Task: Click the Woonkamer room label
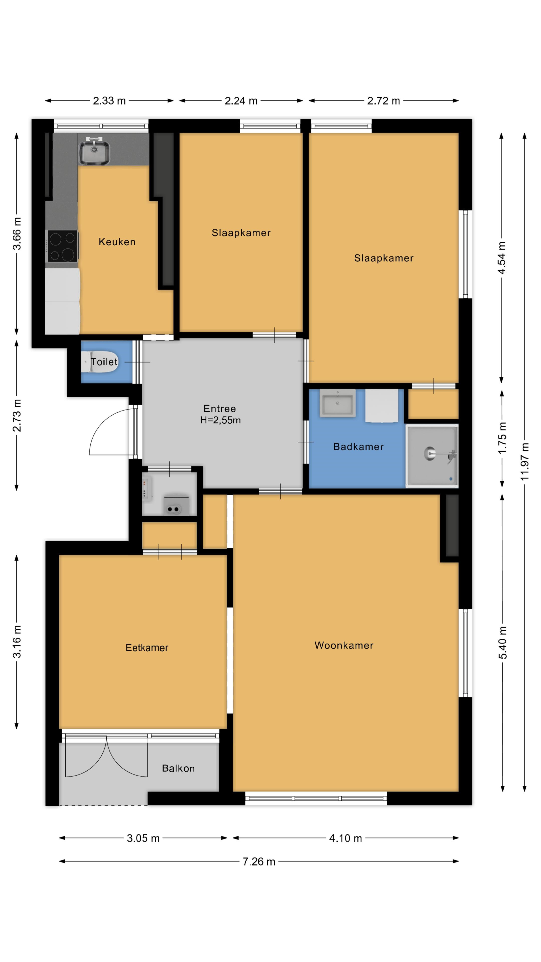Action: click(x=344, y=645)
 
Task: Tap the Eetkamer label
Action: click(x=147, y=648)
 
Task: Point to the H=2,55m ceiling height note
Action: click(x=220, y=420)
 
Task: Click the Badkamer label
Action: click(x=358, y=447)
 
